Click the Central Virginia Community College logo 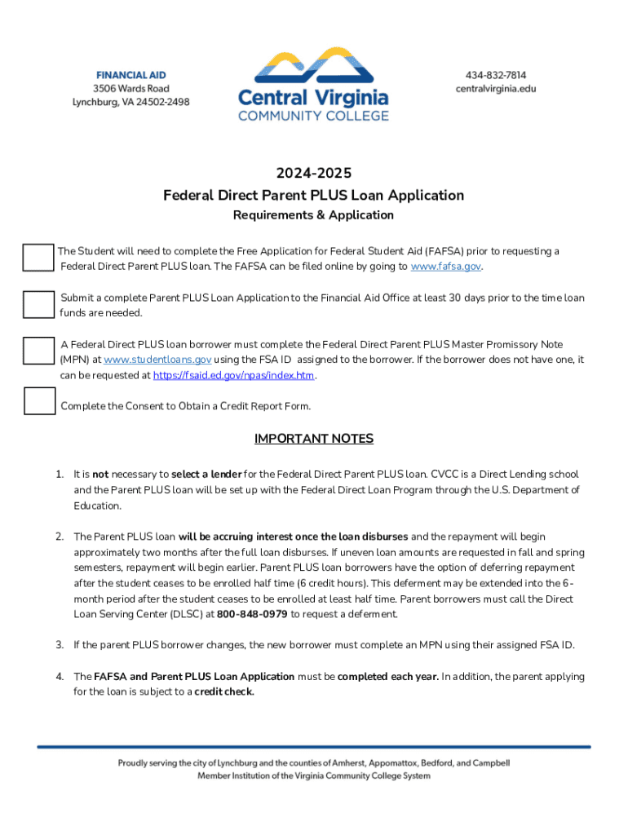click(313, 84)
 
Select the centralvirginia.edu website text click(495, 88)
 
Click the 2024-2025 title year click(313, 173)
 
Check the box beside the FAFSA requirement click(38, 258)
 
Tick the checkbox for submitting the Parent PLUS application click(38, 304)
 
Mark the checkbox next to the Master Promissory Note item click(38, 351)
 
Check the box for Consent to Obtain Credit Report click(38, 401)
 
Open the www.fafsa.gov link click(445, 267)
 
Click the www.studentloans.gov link click(158, 360)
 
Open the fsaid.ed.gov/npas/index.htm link click(233, 375)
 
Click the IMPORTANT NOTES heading click(313, 439)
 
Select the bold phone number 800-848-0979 click(253, 614)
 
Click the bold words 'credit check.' click(224, 691)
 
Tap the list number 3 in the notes click(60, 645)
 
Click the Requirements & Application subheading click(313, 215)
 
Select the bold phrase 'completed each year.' click(388, 676)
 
